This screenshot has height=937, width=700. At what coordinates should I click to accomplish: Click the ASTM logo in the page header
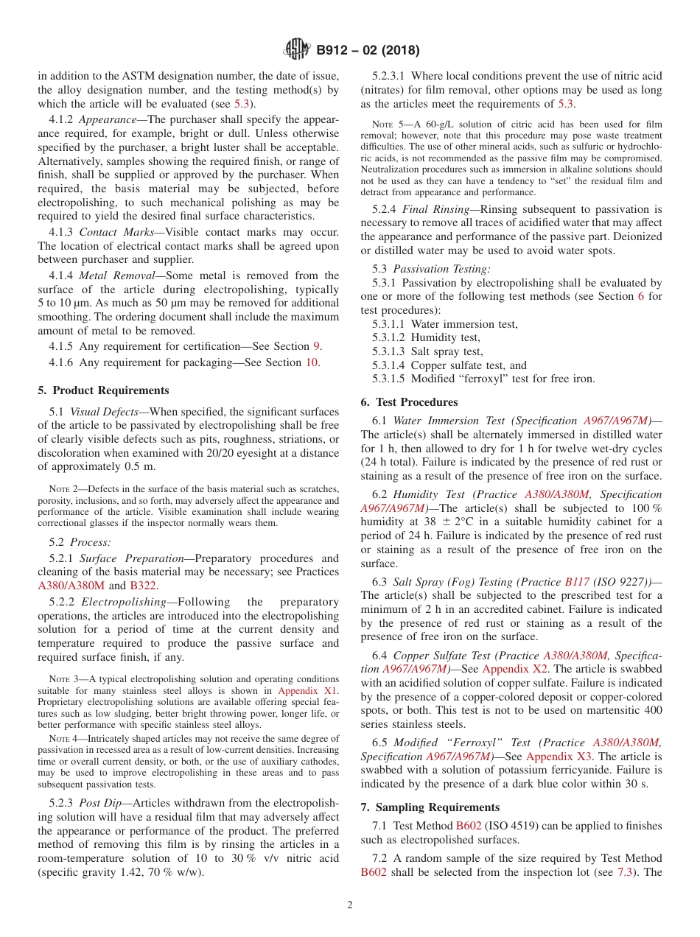click(x=297, y=50)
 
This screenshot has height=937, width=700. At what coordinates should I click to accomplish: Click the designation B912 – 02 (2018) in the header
click(x=368, y=51)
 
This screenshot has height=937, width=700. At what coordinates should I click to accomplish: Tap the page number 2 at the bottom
click(x=350, y=905)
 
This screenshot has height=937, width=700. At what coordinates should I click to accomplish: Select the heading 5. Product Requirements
click(x=103, y=390)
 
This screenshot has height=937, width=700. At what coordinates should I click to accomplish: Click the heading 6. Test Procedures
click(x=409, y=402)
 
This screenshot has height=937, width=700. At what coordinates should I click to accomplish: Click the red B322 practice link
click(x=143, y=586)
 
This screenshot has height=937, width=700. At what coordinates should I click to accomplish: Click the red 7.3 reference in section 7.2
click(x=625, y=872)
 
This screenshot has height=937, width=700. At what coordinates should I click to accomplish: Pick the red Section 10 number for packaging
click(x=312, y=362)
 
